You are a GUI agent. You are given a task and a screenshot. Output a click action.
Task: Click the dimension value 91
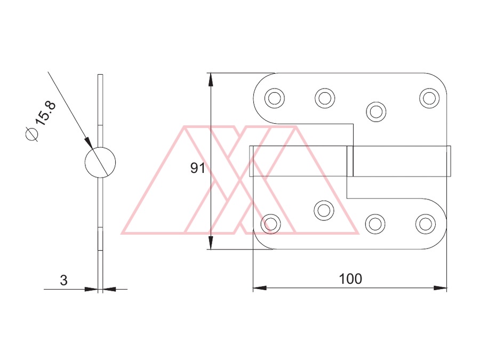(197, 168)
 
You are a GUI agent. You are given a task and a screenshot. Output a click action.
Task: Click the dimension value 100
(350, 279)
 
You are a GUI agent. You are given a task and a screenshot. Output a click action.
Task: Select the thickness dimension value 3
(63, 281)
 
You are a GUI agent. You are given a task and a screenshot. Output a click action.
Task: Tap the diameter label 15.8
(46, 113)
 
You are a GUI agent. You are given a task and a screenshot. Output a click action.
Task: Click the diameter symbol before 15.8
(32, 134)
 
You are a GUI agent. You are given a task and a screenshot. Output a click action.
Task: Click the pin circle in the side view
(100, 162)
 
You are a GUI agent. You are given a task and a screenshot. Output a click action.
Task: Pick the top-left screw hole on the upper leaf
(274, 98)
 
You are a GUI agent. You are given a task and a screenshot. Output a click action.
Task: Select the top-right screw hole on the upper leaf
(429, 98)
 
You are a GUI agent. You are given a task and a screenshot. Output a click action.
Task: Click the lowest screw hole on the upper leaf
(376, 112)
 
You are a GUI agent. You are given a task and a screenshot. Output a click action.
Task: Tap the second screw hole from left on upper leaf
(325, 98)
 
